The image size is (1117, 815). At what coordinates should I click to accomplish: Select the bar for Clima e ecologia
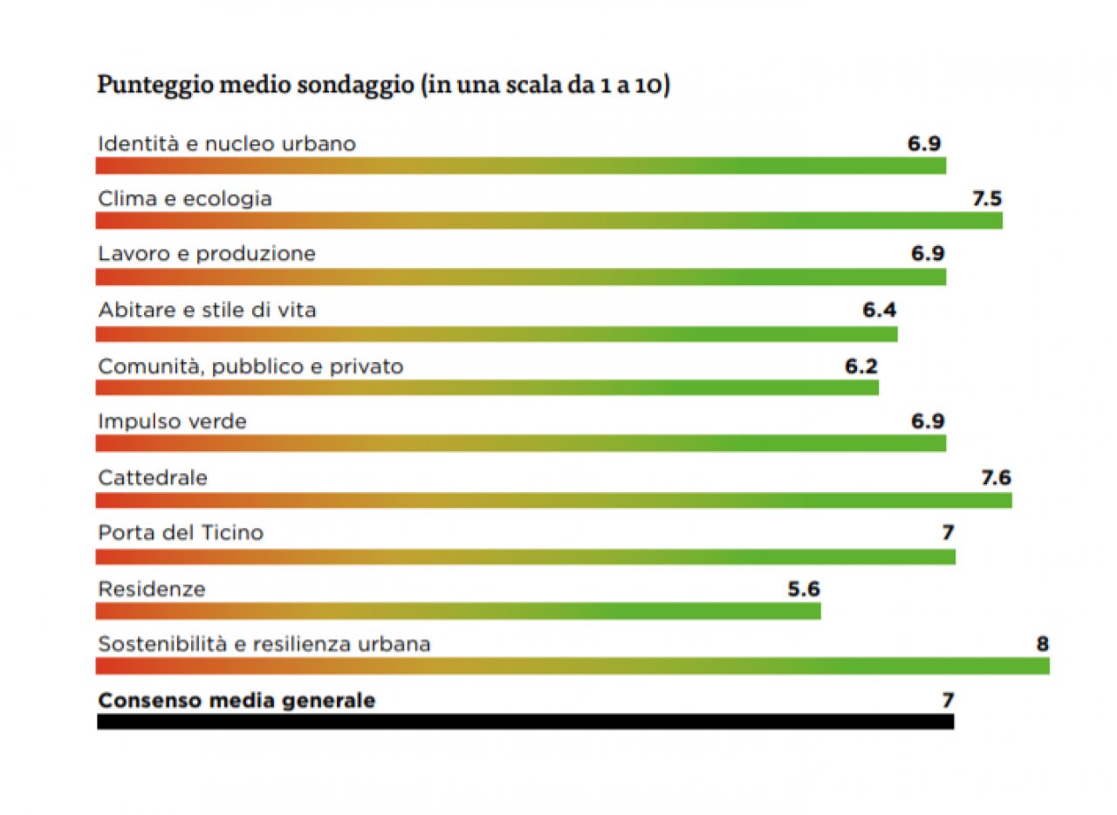point(549,221)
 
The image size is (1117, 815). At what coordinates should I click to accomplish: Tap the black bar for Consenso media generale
point(524,722)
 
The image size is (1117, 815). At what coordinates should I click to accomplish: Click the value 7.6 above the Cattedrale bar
point(996,477)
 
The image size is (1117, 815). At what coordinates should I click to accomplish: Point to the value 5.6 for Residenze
point(803,589)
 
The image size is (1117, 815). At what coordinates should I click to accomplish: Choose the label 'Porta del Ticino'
point(181,532)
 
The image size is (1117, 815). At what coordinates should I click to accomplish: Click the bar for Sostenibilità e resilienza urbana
point(572,667)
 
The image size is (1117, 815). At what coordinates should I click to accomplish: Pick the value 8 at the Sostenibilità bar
point(1042,645)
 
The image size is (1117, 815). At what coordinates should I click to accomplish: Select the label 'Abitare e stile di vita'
point(207,310)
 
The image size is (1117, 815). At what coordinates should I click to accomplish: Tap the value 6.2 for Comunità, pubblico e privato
point(860,366)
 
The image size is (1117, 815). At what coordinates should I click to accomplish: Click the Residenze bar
point(458,611)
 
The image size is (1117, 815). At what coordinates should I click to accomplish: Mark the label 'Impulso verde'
point(172,421)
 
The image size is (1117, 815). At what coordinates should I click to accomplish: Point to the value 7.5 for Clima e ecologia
point(987,199)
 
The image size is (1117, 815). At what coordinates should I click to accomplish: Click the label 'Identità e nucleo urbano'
point(227,143)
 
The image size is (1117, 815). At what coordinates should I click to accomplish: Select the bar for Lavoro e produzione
point(521,277)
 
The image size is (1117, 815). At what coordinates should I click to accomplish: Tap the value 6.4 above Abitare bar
point(880,310)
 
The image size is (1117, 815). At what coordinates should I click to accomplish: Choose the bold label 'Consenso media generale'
point(236,700)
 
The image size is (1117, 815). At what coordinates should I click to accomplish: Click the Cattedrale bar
point(553,500)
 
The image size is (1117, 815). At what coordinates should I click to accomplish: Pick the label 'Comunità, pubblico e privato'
point(250,366)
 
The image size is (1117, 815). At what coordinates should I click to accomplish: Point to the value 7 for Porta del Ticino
point(948,532)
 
